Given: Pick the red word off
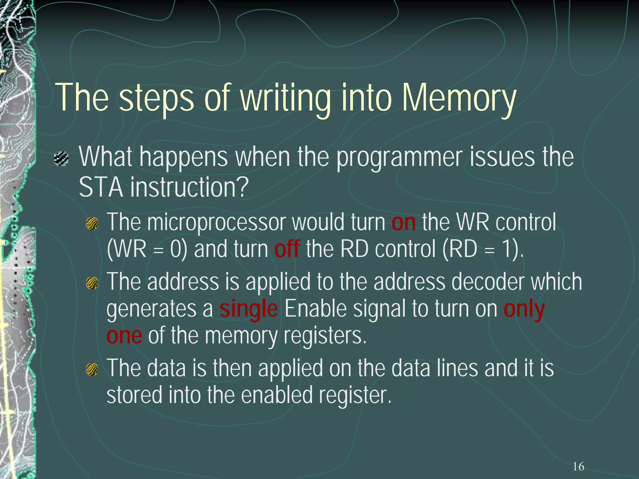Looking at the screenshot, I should (x=287, y=249).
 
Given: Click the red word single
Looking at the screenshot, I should (x=248, y=309).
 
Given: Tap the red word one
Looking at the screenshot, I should (x=124, y=336).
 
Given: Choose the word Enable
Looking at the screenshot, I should (x=315, y=309).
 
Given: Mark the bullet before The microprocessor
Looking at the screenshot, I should (x=92, y=224).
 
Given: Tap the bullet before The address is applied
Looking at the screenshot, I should (x=92, y=283).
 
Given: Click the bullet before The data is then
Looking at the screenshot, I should (x=92, y=370).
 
